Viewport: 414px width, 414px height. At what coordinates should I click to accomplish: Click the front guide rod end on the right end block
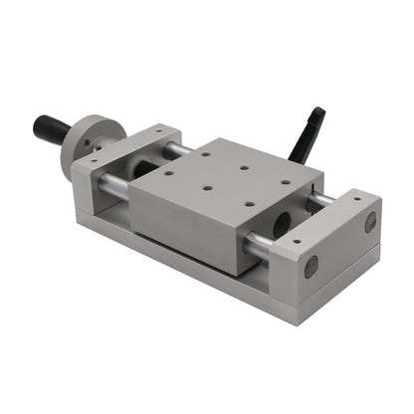[311, 266]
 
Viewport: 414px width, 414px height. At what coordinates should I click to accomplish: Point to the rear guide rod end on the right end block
[370, 222]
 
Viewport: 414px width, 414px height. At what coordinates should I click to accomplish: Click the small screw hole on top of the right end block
[297, 240]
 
